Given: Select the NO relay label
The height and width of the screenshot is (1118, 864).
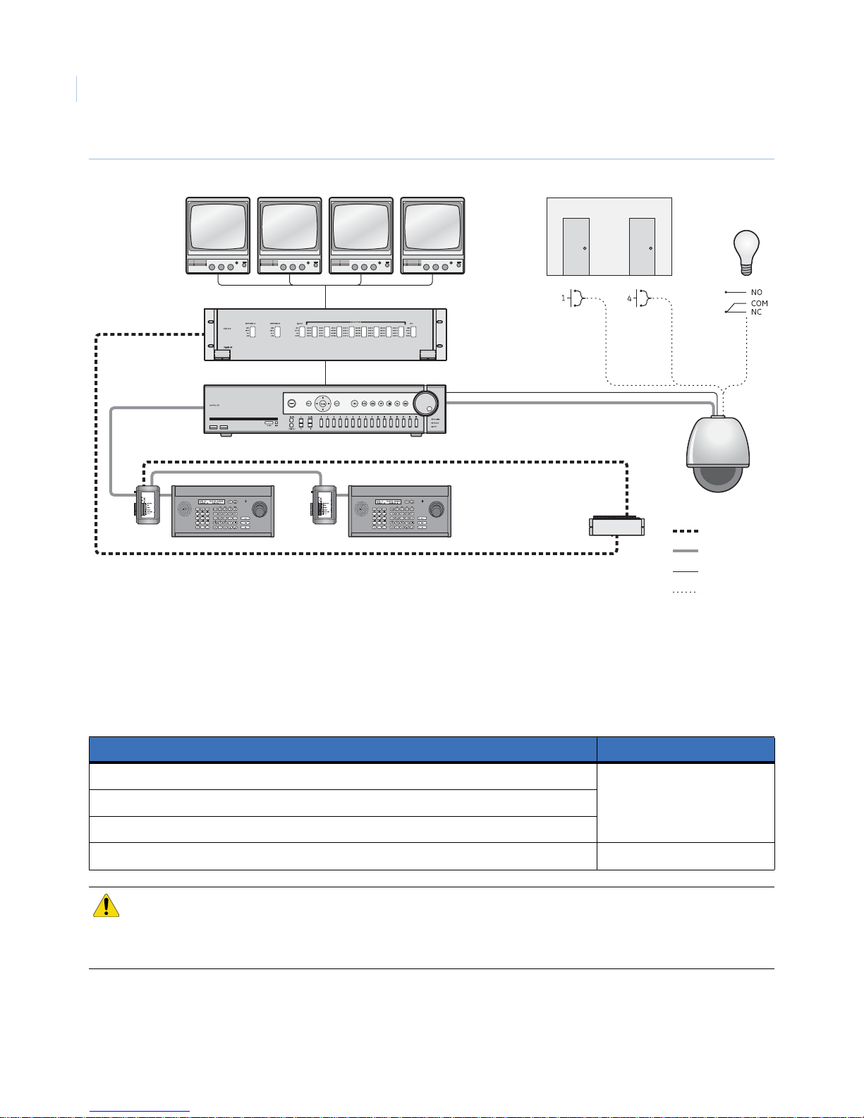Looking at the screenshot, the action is click(756, 292).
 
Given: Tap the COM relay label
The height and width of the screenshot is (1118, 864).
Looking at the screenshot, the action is click(759, 303).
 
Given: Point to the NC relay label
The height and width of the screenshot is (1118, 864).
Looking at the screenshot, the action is click(756, 312).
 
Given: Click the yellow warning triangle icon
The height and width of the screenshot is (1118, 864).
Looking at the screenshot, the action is click(106, 906).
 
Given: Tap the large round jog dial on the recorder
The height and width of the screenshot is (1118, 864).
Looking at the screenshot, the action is click(425, 403).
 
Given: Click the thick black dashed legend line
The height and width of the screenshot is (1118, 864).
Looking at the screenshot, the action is click(685, 530).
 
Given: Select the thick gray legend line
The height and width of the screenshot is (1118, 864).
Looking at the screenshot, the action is click(685, 551).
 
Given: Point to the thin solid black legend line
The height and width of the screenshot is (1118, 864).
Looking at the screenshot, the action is click(685, 571).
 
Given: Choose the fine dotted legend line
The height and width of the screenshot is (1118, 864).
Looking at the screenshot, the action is click(685, 592).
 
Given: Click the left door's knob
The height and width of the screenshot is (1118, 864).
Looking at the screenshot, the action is click(585, 248).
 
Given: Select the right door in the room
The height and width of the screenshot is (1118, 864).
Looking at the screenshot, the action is click(642, 246).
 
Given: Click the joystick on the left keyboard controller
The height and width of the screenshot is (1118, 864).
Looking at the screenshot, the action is click(260, 509).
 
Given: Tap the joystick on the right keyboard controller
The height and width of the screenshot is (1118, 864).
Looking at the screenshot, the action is click(437, 509).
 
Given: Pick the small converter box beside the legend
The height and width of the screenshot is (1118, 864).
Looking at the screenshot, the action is click(616, 526).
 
